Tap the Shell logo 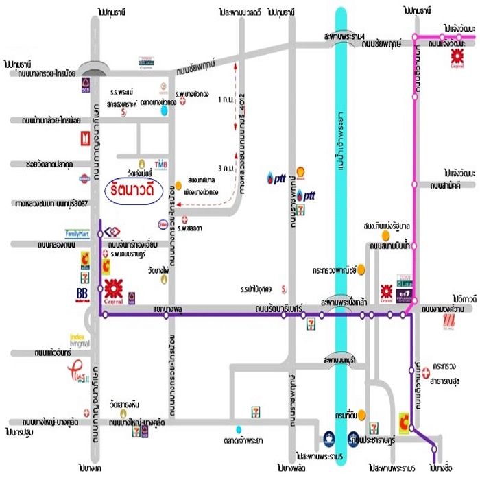click(300, 171)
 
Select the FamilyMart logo click(77, 233)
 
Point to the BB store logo click(82, 294)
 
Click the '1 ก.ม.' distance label click(222, 100)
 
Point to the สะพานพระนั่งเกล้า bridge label click(342, 302)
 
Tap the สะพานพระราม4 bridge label click(342, 36)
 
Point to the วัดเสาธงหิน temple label click(129, 404)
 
